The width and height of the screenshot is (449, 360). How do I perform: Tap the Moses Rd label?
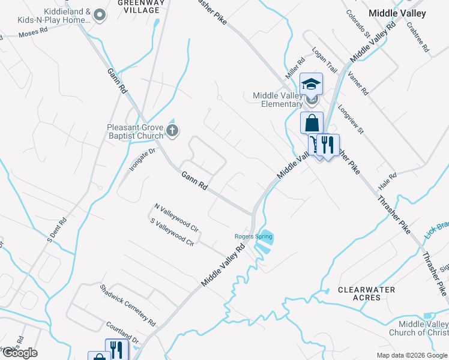[33, 35]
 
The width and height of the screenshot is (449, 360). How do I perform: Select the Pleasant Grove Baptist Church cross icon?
[173, 131]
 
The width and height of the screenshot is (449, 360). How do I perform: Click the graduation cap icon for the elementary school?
[312, 83]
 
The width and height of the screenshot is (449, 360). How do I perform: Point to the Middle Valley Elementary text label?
[277, 100]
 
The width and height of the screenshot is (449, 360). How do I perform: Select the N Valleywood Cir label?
[176, 217]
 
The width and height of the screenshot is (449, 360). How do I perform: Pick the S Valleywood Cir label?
[172, 232]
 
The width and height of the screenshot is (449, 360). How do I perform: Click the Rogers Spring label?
[253, 236]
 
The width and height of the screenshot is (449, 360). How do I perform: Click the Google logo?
[20, 353]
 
